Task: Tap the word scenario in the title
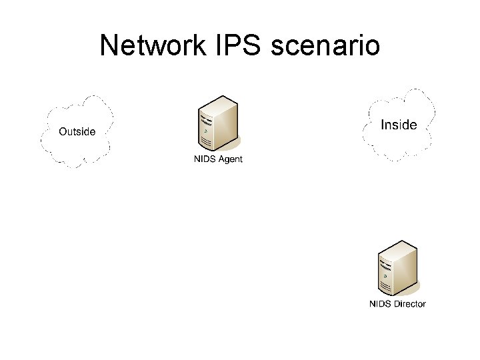[x=326, y=45]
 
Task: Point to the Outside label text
[x=77, y=131]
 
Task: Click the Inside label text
[x=399, y=125]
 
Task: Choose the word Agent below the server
[x=230, y=159]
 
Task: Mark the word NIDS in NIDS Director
[x=381, y=304]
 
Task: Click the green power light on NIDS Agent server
[x=207, y=131]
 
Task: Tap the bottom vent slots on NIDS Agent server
[x=207, y=142]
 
